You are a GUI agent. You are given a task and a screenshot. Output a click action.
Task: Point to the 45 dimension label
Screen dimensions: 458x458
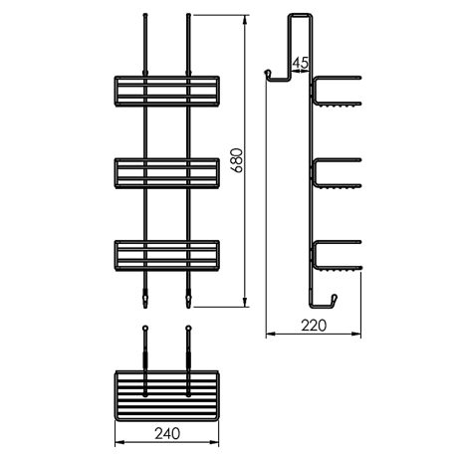(x=301, y=63)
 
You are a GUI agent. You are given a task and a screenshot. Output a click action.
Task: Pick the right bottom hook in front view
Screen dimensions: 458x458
(x=186, y=296)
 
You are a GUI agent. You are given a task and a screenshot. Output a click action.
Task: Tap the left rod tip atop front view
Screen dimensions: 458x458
(x=145, y=17)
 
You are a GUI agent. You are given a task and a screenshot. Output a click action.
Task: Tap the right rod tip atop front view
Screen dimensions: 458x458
(x=186, y=17)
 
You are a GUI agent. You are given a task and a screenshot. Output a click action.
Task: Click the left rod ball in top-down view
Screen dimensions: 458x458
(x=145, y=328)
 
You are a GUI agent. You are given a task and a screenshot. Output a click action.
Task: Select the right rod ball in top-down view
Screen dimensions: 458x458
(x=186, y=328)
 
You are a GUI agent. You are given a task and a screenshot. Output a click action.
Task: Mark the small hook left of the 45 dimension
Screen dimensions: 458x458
(x=269, y=75)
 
